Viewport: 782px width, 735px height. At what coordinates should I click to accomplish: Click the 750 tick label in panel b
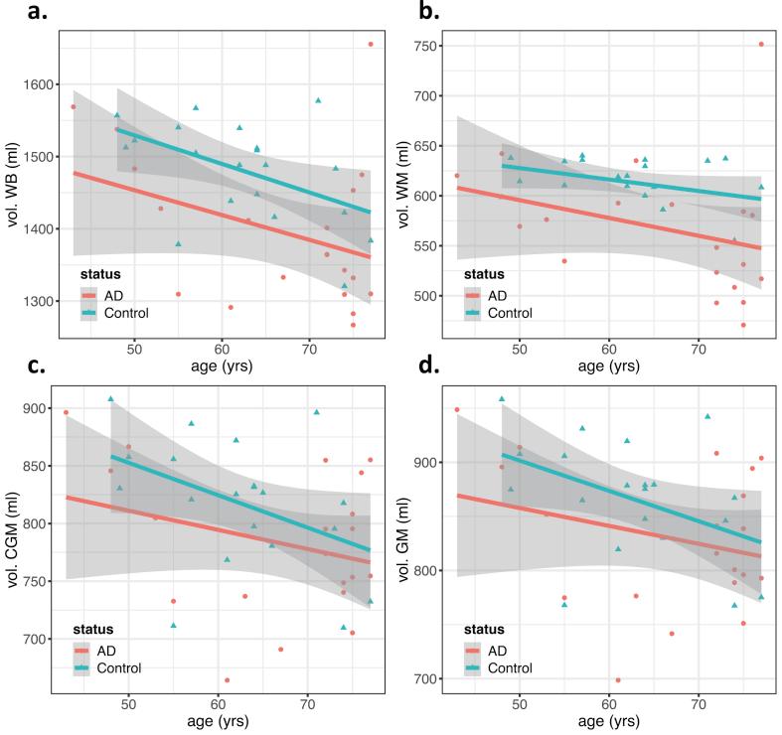[x=428, y=46]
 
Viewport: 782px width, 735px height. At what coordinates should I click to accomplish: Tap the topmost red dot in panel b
[x=761, y=45]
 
